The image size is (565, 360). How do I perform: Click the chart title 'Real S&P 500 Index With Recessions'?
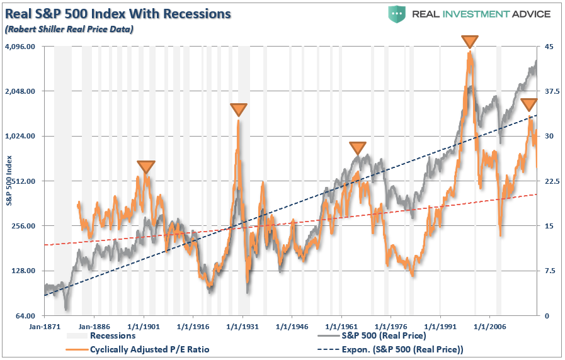point(118,13)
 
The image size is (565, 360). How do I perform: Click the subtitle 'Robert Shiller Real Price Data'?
point(70,28)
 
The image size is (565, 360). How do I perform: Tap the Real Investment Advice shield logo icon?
point(397,14)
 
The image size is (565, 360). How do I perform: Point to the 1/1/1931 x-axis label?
point(242,327)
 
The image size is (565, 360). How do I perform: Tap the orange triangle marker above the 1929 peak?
point(238,110)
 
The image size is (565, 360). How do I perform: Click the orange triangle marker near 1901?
point(146,167)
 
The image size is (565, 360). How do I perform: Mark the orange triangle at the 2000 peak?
point(469,42)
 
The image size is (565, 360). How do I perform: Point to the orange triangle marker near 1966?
point(357,149)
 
